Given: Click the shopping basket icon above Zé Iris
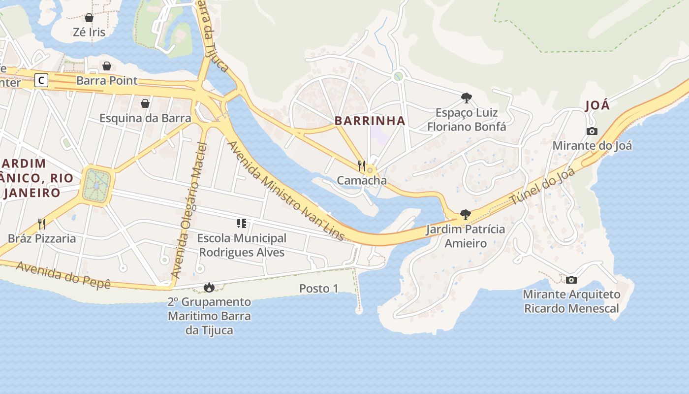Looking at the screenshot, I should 89,18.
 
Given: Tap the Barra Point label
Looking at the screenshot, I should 107,80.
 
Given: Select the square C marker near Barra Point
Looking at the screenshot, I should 41,80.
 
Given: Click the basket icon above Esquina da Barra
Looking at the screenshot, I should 145,103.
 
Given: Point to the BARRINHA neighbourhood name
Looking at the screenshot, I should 370,121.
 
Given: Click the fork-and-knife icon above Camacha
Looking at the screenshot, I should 362,166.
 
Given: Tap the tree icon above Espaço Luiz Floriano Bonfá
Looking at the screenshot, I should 466,98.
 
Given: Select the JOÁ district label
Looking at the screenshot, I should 597,105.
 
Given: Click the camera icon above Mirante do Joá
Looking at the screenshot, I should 592,131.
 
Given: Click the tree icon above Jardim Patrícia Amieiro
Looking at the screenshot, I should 465,215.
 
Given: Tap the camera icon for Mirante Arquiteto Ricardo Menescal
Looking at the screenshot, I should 571,280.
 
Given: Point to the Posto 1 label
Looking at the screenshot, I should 319,289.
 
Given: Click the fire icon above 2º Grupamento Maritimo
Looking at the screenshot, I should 209,287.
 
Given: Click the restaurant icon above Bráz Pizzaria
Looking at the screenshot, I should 42,224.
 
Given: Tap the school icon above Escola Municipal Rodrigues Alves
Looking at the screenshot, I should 241,224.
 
